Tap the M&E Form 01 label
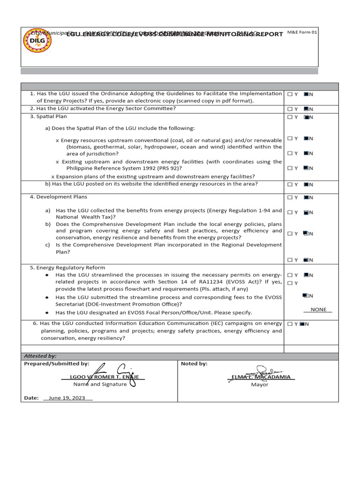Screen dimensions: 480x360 [x=302, y=32]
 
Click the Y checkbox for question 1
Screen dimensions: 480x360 [x=290, y=94]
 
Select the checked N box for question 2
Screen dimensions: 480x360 [x=306, y=109]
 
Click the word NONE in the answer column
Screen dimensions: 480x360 [x=318, y=310]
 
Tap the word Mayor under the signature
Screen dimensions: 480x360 [x=260, y=384]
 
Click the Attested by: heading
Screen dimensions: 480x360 [x=40, y=356]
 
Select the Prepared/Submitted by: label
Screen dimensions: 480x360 [x=56, y=363]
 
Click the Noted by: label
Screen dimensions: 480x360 [x=194, y=363]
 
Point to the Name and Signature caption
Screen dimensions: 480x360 [x=100, y=384]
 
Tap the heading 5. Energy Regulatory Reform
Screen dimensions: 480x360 [x=67, y=268]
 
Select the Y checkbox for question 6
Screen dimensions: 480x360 [x=290, y=323]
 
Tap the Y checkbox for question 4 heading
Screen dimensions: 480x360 [x=290, y=197]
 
